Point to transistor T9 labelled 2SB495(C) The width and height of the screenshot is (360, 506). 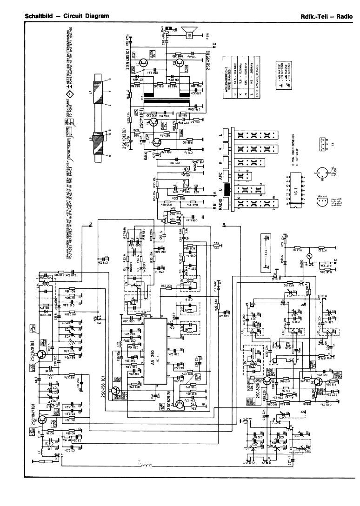click(145, 61)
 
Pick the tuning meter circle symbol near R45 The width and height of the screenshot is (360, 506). click(310, 256)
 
